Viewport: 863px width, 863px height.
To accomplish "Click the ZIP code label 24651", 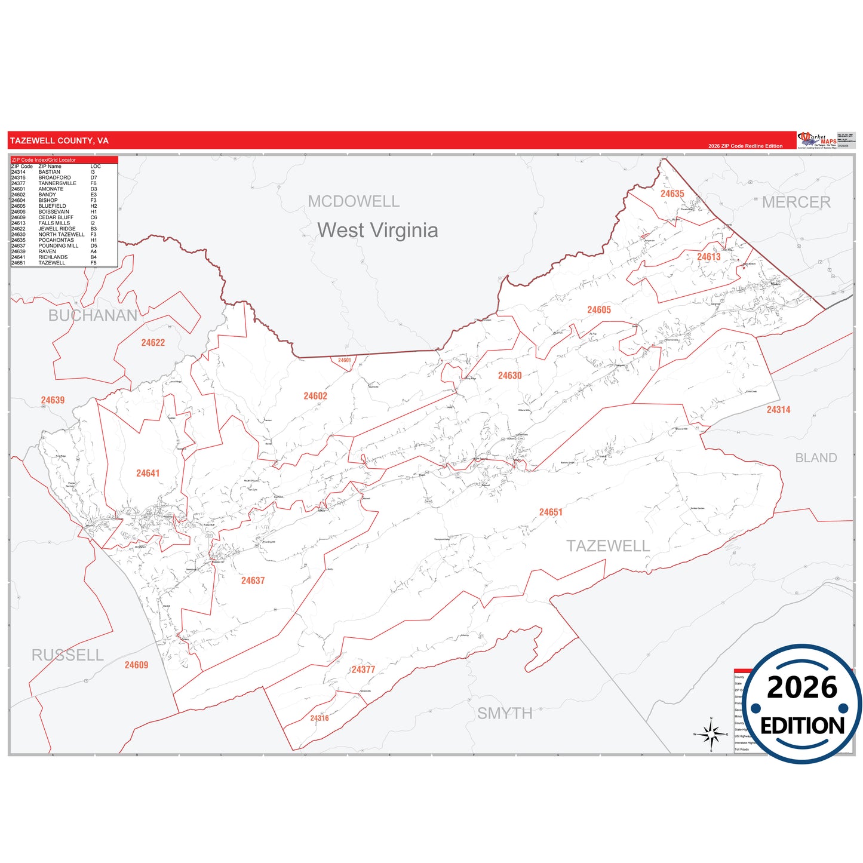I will coord(551,512).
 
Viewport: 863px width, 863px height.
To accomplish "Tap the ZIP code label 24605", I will coord(599,310).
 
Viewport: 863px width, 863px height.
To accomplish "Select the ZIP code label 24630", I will coord(510,376).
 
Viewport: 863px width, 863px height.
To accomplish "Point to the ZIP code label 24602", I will coord(315,396).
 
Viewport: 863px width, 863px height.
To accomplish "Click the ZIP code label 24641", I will coord(148,474).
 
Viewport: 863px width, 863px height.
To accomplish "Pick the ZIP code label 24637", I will coord(253,581).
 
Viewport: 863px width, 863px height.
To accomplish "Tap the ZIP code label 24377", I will coord(363,669).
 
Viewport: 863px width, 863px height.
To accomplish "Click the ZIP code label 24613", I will coord(709,257).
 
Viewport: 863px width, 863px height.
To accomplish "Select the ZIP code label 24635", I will coord(672,194).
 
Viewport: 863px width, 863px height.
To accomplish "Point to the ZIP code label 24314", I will coord(779,410).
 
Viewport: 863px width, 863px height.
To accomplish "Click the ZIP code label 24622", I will coord(153,343).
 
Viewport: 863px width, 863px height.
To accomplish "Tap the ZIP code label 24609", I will coord(136,665).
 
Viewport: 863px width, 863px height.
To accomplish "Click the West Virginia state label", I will coord(377,231).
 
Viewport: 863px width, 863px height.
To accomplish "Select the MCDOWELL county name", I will coord(354,202).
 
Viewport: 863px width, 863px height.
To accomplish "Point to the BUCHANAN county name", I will coord(93,315).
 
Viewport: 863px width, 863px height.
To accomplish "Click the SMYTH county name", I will coord(505,713).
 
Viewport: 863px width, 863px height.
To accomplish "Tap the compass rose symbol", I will coord(711,733).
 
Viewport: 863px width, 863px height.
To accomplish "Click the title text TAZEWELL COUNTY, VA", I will coord(59,141).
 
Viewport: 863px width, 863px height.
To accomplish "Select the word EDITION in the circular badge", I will coord(803,726).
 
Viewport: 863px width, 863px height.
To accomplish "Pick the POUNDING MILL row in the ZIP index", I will coord(58,246).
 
